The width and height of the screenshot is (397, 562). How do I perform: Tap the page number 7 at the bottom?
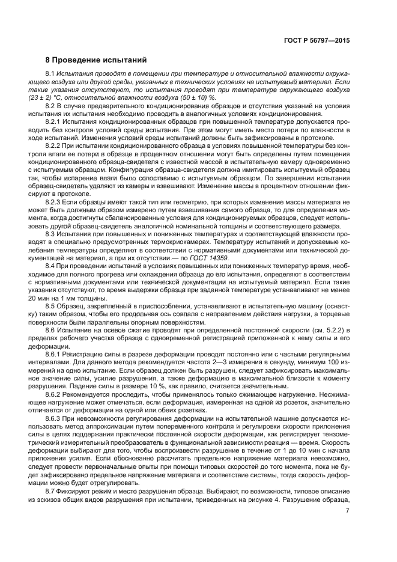348,512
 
